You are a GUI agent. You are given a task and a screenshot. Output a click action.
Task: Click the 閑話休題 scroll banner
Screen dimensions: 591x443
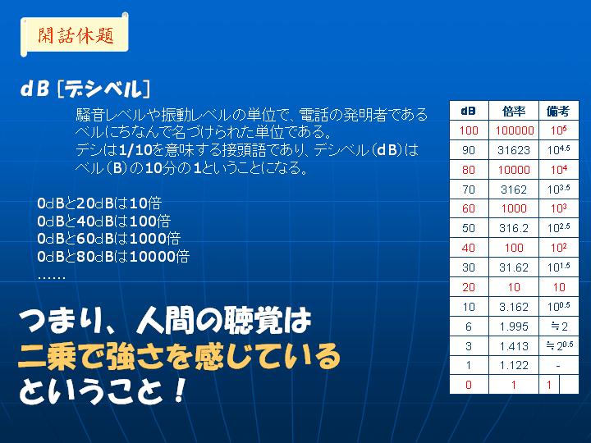point(75,34)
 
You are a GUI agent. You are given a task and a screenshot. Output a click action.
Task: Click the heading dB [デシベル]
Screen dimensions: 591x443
point(85,89)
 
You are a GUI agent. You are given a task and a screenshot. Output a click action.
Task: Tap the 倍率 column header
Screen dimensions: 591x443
point(514,111)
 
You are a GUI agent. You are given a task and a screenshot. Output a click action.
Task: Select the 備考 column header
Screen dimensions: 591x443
point(559,111)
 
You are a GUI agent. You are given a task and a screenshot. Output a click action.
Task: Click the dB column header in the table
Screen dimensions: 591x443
point(469,111)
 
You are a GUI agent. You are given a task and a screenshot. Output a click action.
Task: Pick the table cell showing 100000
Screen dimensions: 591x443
point(514,130)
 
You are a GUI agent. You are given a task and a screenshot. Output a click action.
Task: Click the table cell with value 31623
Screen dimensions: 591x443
point(514,150)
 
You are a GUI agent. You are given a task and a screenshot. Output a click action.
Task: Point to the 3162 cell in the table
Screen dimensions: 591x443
point(514,190)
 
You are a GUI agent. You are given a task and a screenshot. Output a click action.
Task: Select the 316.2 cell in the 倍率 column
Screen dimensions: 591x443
point(514,228)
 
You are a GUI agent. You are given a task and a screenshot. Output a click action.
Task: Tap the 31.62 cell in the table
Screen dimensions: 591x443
point(514,267)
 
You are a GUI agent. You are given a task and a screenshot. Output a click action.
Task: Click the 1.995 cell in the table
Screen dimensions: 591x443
point(514,327)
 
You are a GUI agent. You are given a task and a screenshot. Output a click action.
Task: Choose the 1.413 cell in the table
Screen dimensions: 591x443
point(514,346)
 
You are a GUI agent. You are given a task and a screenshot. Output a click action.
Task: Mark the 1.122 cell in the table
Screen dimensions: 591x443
point(514,365)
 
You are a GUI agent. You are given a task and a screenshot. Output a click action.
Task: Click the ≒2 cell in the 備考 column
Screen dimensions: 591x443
point(559,327)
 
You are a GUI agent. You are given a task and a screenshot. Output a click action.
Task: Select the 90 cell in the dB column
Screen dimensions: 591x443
point(469,150)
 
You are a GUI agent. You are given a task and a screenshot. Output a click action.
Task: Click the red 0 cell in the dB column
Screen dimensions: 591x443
point(469,385)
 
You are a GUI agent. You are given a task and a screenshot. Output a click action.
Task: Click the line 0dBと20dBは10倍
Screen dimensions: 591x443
point(99,203)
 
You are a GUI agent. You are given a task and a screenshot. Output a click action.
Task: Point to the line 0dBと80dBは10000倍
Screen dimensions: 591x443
point(113,257)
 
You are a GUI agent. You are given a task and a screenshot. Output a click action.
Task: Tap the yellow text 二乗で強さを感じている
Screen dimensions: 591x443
point(179,356)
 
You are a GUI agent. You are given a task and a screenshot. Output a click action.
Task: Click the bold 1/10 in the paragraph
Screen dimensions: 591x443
point(135,150)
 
